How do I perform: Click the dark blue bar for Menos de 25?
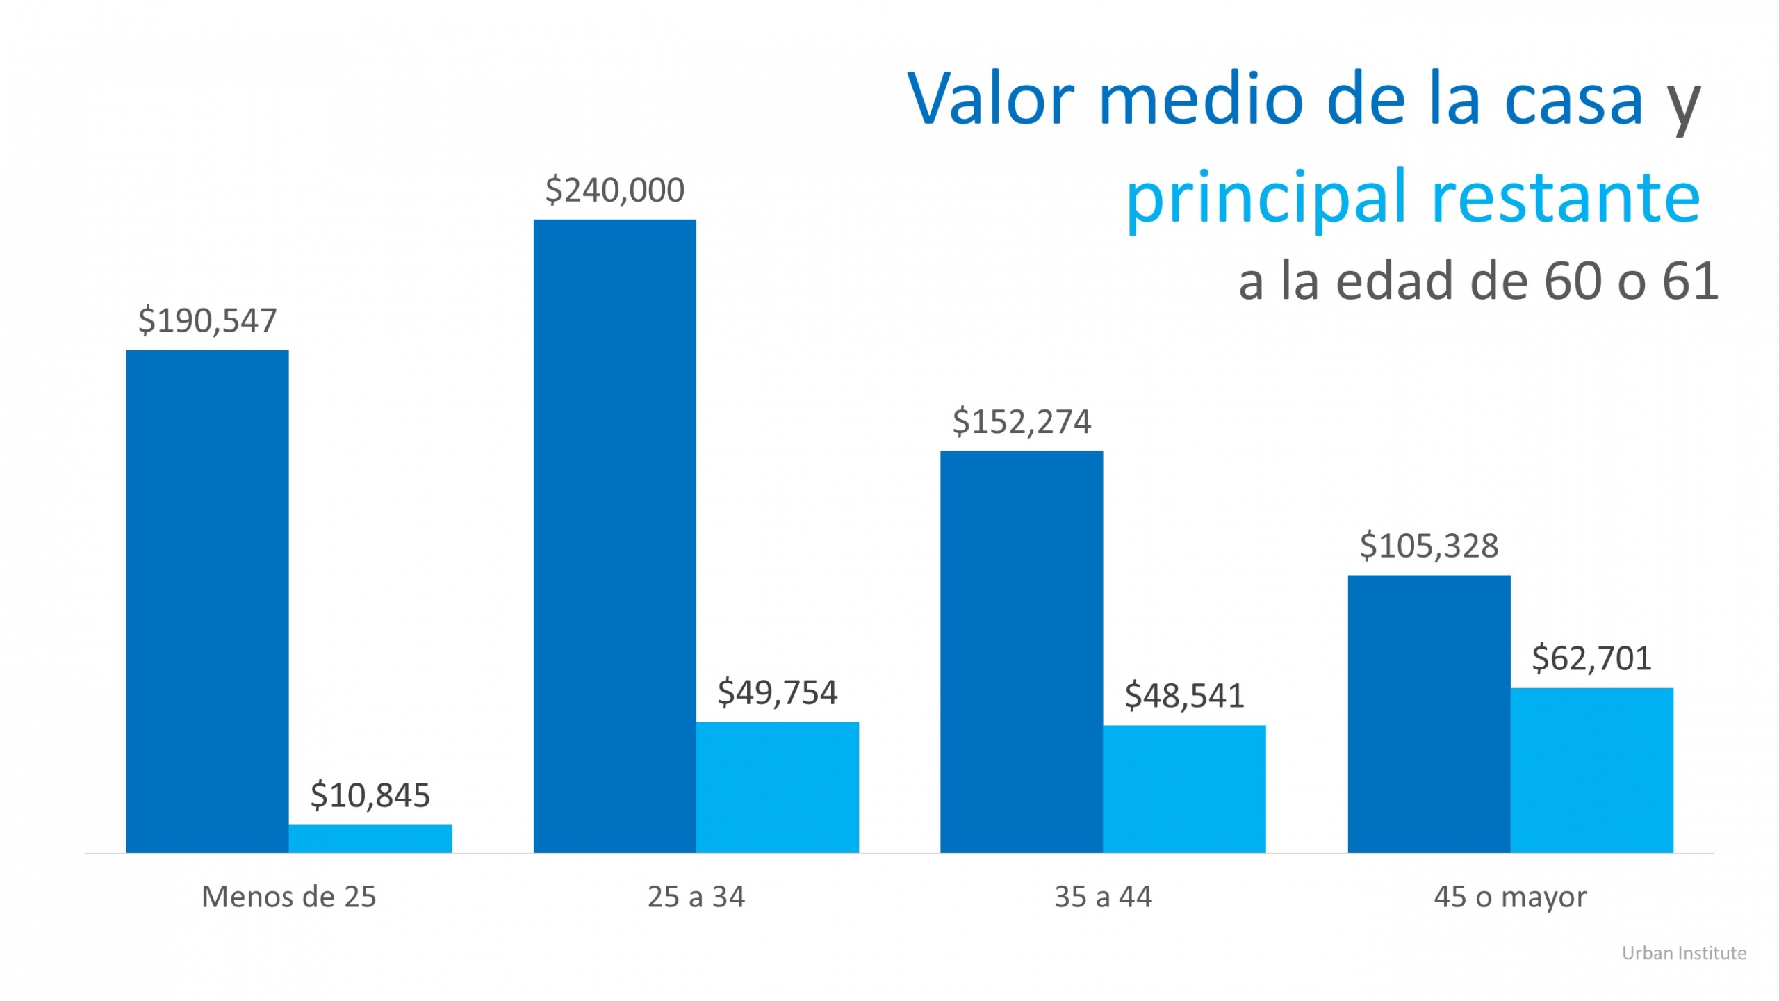[207, 601]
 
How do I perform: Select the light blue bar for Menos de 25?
[370, 838]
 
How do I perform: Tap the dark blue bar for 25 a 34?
[614, 536]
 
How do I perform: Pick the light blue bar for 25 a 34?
[777, 787]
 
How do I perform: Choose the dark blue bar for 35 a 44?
[1022, 651]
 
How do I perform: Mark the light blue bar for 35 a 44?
[1184, 788]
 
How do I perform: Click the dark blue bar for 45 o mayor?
[1429, 713]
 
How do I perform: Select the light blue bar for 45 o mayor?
[1591, 770]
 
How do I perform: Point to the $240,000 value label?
[614, 190]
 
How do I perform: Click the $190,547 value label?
[207, 320]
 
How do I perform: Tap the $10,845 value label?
[370, 795]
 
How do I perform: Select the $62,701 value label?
[1591, 658]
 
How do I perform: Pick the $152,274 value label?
[1022, 422]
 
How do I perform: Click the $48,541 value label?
[1184, 696]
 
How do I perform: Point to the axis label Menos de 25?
[288, 897]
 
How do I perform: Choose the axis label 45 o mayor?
[1510, 897]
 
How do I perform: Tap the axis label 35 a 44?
[1103, 897]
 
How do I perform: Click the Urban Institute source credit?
[1684, 953]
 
